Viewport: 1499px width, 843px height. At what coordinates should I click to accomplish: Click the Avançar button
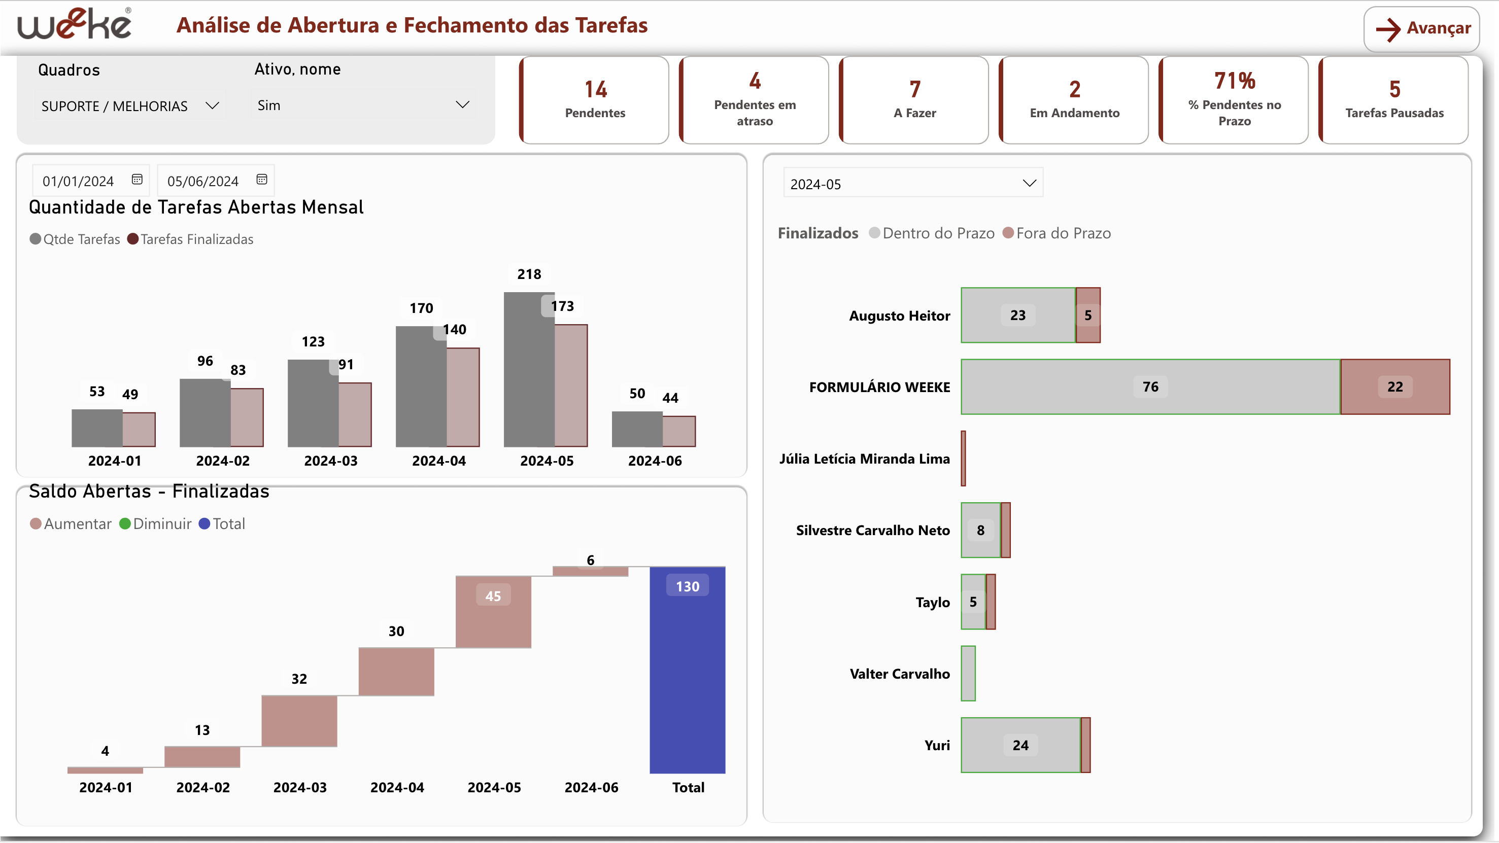tap(1421, 28)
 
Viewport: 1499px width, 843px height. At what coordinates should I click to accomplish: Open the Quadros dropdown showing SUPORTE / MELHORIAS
tap(129, 106)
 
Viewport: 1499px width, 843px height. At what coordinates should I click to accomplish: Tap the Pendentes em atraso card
tap(754, 100)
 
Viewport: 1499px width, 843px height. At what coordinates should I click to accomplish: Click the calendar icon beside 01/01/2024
tap(138, 180)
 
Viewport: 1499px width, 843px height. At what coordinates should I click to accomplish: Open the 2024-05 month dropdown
tap(912, 183)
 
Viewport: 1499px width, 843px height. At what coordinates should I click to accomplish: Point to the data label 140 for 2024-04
tap(455, 330)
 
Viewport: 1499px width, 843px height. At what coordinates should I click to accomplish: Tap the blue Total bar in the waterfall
tap(687, 675)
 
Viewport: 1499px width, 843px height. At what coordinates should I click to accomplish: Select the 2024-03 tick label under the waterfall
tap(300, 788)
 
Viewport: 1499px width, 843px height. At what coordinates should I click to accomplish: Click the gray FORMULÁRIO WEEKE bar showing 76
tap(1150, 387)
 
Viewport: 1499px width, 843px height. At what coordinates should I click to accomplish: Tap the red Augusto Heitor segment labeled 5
tap(1087, 315)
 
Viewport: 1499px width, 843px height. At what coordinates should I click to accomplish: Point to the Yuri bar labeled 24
tap(1020, 745)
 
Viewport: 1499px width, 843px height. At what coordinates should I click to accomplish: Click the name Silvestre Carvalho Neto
tap(872, 531)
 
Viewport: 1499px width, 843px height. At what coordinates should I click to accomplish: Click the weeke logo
tap(74, 24)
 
